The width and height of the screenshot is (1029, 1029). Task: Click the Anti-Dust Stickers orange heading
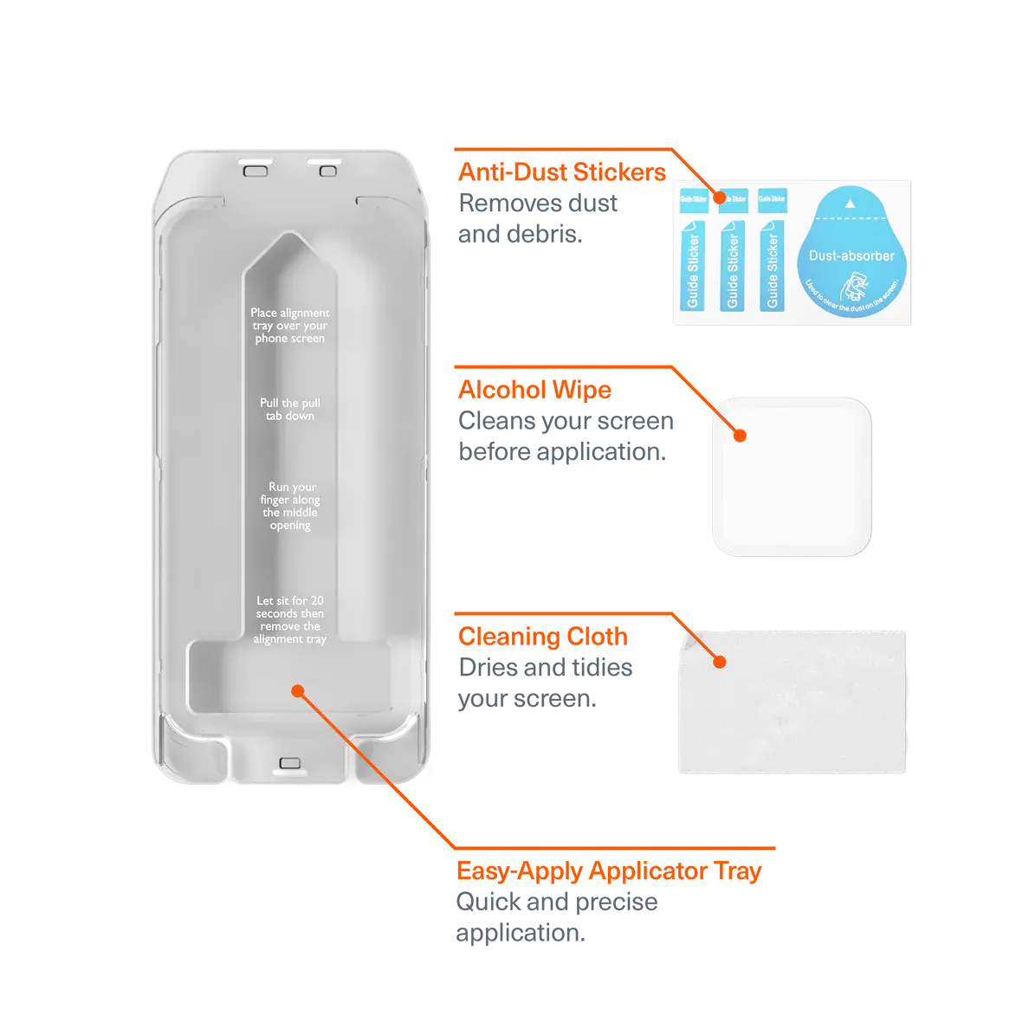[561, 171]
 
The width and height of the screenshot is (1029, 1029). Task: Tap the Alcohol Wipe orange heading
[534, 390]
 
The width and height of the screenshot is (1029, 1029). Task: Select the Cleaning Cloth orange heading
[543, 637]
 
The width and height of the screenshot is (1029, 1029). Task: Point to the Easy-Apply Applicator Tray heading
[608, 870]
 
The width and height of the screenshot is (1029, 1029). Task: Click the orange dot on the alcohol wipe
[740, 435]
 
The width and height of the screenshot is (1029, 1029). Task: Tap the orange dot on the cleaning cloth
[718, 662]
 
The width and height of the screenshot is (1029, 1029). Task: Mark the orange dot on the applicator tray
[298, 690]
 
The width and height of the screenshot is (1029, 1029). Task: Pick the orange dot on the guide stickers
[719, 198]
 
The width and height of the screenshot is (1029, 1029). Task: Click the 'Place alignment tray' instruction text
[289, 325]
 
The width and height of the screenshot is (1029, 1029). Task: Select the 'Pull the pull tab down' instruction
[289, 409]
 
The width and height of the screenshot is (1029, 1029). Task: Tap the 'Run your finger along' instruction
[289, 506]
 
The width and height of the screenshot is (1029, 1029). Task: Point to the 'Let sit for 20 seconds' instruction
[289, 619]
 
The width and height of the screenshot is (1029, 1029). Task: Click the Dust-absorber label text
[851, 256]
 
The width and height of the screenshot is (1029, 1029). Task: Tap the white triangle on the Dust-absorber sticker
[851, 204]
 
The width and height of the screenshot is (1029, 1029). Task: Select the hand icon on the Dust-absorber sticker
[851, 286]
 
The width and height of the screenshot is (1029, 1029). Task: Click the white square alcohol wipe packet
[792, 476]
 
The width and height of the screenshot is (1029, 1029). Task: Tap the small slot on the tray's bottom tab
[288, 764]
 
